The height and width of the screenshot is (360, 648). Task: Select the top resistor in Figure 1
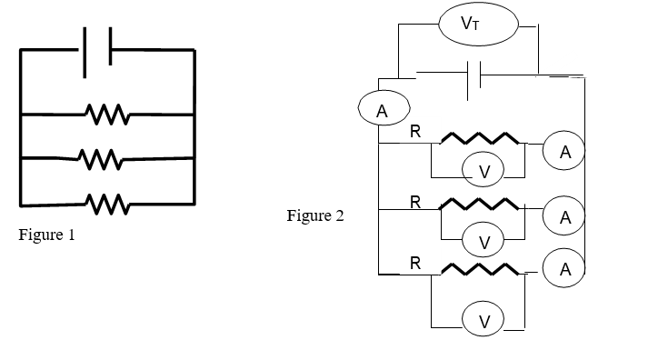(107, 115)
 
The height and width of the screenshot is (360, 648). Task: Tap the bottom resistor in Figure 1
(107, 202)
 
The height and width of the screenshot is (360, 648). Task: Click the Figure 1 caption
(46, 235)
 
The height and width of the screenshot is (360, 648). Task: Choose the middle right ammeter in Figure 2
(565, 217)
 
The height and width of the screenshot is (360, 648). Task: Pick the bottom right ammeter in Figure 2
(565, 268)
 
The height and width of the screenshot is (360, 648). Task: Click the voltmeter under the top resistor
(484, 170)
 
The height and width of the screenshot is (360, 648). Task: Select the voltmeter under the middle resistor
(484, 241)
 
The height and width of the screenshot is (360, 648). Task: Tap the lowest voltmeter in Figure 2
(484, 320)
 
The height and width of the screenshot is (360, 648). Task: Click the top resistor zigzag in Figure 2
(479, 139)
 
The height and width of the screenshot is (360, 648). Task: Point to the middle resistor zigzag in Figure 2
(479, 203)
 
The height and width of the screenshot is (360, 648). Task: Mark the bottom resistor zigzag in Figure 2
(479, 267)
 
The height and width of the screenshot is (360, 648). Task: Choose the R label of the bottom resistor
(415, 264)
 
